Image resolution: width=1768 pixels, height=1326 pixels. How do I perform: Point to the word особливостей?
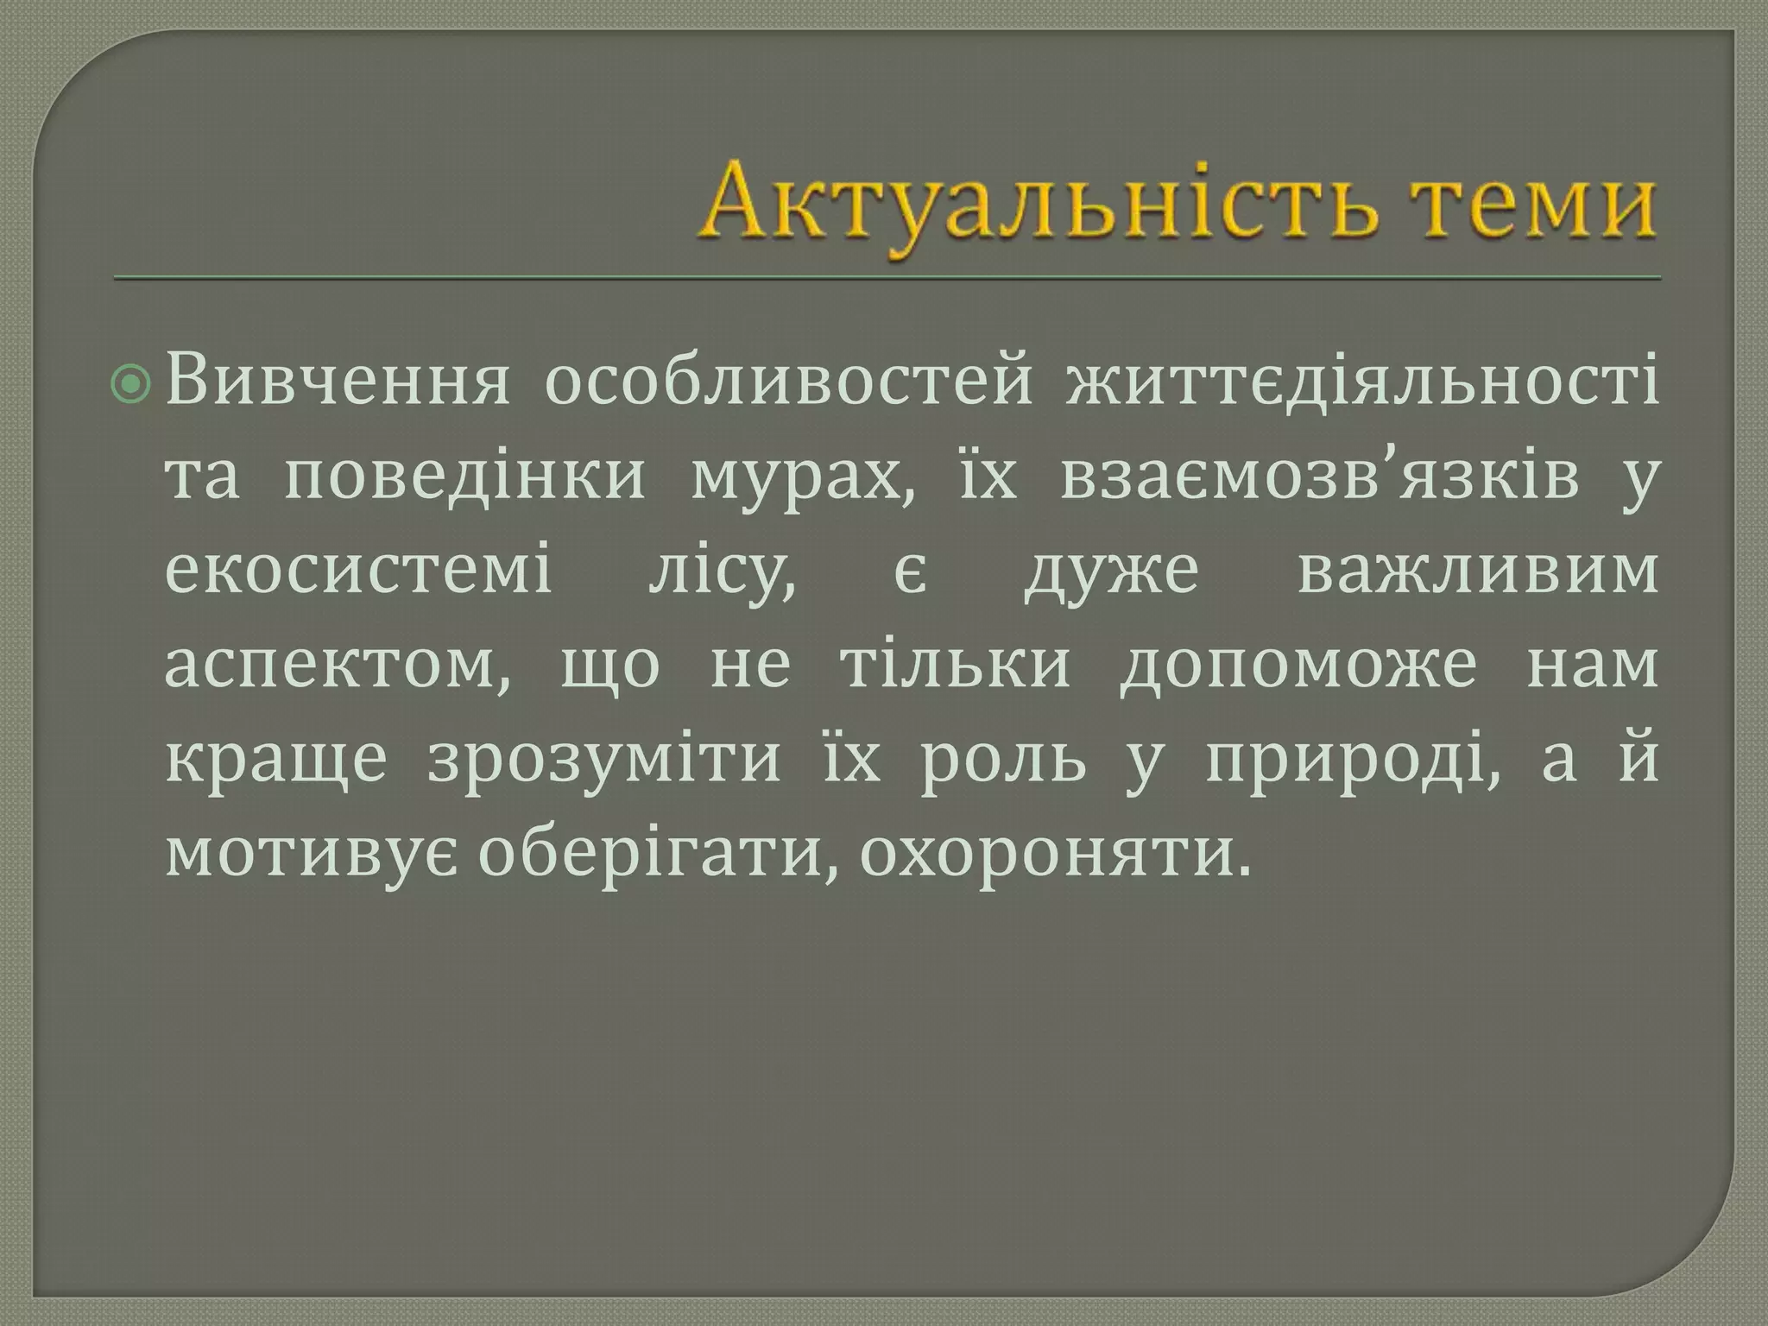pyautogui.click(x=787, y=382)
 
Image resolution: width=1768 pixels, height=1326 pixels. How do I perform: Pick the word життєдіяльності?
pyautogui.click(x=1361, y=382)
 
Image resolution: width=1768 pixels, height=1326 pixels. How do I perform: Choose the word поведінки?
pyautogui.click(x=464, y=477)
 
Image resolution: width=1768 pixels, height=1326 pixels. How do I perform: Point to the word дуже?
pyautogui.click(x=1112, y=573)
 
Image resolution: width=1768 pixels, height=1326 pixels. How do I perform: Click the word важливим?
pyautogui.click(x=1477, y=571)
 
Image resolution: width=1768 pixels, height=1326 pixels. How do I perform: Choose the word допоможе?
pyautogui.click(x=1298, y=666)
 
